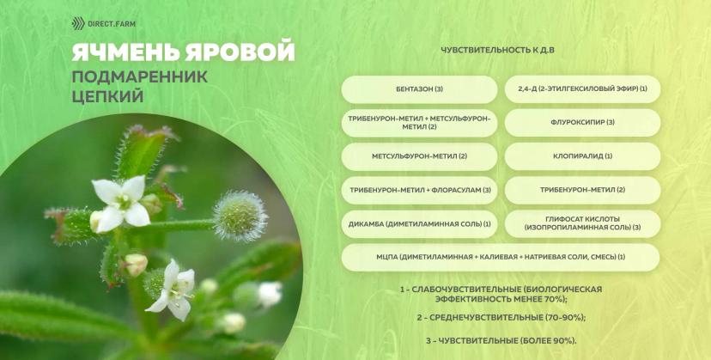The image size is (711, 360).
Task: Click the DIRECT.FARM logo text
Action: pyautogui.click(x=111, y=23)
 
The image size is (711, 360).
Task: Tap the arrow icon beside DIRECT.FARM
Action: pyautogui.click(x=78, y=23)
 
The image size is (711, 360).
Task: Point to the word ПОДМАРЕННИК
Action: pyautogui.click(x=140, y=77)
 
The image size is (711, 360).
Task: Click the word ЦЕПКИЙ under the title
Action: pyautogui.click(x=107, y=96)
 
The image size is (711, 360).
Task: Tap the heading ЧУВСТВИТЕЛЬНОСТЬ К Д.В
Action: pyautogui.click(x=497, y=50)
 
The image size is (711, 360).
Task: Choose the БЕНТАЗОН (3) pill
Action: pyautogui.click(x=419, y=89)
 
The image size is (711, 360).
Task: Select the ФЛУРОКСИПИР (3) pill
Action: pyautogui.click(x=583, y=123)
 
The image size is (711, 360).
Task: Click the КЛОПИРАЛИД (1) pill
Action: pyautogui.click(x=583, y=156)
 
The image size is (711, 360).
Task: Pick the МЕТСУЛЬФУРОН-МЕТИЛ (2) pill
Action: pyautogui.click(x=419, y=156)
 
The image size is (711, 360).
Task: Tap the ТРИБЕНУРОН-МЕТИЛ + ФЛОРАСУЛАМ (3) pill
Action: pyautogui.click(x=419, y=190)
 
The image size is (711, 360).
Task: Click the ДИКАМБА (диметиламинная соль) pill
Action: pyautogui.click(x=419, y=224)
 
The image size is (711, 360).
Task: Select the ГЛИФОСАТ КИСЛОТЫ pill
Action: pyautogui.click(x=583, y=223)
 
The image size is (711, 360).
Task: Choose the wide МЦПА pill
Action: pyautogui.click(x=501, y=258)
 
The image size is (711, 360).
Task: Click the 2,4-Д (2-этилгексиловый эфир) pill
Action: pyautogui.click(x=583, y=89)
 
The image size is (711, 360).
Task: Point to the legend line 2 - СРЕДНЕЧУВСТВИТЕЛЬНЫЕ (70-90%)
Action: pyautogui.click(x=501, y=318)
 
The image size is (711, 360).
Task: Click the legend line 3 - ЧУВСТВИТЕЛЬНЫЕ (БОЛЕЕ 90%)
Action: pyautogui.click(x=501, y=340)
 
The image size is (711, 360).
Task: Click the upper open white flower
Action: pyautogui.click(x=121, y=203)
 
